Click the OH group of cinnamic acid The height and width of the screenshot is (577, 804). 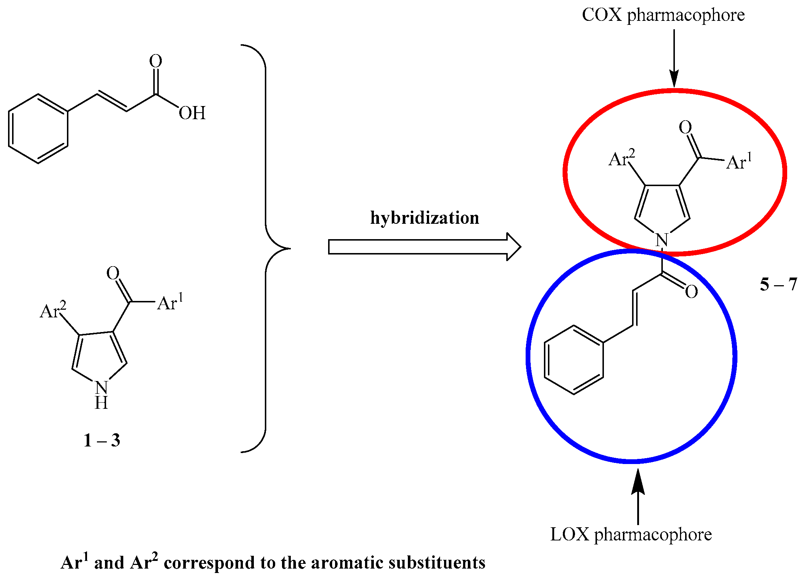pyautogui.click(x=192, y=113)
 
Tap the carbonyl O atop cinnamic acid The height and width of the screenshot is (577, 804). pyautogui.click(x=155, y=61)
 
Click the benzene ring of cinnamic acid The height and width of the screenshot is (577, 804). pyautogui.click(x=38, y=129)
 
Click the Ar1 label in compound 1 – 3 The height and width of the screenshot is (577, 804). pyautogui.click(x=170, y=303)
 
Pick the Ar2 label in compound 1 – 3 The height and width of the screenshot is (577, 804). pyautogui.click(x=53, y=311)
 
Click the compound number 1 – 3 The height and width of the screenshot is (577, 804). pyautogui.click(x=102, y=441)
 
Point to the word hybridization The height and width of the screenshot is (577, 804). pyautogui.click(x=424, y=218)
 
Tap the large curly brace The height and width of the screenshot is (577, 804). pyautogui.click(x=266, y=249)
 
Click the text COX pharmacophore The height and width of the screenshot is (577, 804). pyautogui.click(x=663, y=15)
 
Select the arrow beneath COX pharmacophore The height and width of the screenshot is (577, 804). pyautogui.click(x=674, y=59)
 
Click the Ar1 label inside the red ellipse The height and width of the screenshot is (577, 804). pyautogui.click(x=739, y=162)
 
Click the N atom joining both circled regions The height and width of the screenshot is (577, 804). pyautogui.click(x=662, y=241)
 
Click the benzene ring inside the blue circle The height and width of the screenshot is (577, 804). pyautogui.click(x=574, y=360)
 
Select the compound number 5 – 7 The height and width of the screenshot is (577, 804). pyautogui.click(x=778, y=284)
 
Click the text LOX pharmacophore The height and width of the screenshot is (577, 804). pyautogui.click(x=631, y=535)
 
